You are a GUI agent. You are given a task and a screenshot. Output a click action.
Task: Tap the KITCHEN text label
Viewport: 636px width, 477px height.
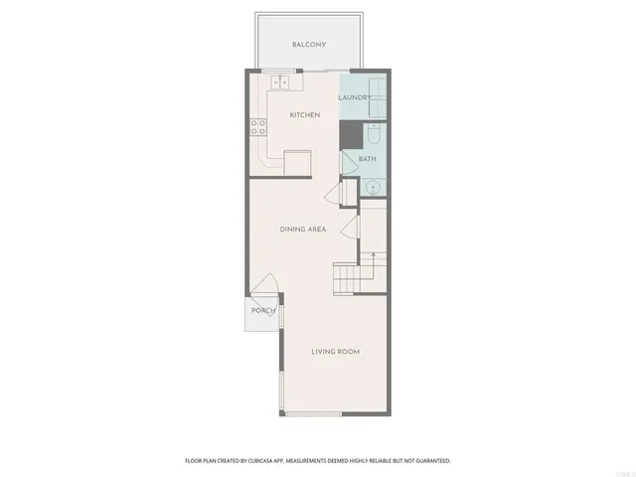(x=304, y=115)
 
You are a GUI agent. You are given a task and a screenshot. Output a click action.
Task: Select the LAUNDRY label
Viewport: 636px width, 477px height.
(x=354, y=97)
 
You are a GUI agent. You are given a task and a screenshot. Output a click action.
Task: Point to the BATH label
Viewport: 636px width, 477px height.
(x=367, y=159)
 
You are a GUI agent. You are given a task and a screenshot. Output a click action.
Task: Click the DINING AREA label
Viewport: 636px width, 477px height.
(x=303, y=230)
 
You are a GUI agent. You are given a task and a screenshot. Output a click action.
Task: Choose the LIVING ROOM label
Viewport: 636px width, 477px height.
(x=335, y=352)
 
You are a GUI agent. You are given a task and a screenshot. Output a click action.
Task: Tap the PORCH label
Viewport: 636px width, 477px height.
(x=263, y=311)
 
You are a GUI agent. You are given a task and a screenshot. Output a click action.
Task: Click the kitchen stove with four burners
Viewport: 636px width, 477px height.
(x=257, y=126)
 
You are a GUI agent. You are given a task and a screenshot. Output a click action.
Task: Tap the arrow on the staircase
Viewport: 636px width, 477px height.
(x=373, y=260)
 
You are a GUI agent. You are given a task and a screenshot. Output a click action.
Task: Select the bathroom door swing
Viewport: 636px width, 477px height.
(x=350, y=162)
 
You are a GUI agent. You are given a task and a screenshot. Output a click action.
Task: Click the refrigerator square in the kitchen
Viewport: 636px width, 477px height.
(x=297, y=163)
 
